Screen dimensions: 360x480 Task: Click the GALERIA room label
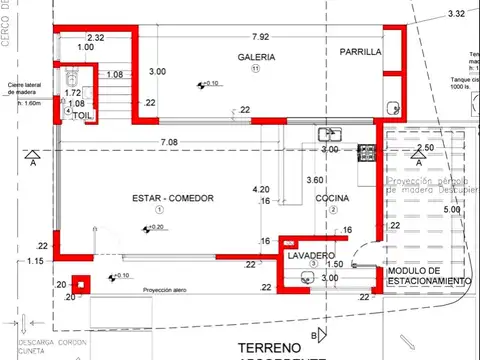[x=256, y=57]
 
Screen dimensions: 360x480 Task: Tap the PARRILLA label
[x=360, y=52]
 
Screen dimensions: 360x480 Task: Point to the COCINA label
[x=332, y=199]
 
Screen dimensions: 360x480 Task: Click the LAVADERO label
[x=312, y=255]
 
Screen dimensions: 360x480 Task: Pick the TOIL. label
[x=80, y=117]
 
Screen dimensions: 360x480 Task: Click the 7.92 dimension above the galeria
[x=261, y=37]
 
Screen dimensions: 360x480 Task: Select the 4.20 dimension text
[x=261, y=189]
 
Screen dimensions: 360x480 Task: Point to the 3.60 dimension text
[x=314, y=181]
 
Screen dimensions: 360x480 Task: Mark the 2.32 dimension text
[x=96, y=37]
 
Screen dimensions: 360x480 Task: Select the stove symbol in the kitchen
[x=366, y=152]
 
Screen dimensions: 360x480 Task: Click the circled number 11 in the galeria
[x=255, y=70]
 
